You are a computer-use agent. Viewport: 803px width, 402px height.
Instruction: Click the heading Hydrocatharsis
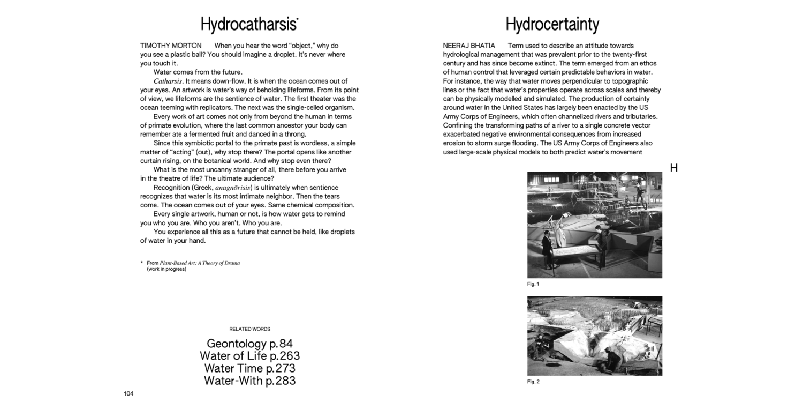point(249,25)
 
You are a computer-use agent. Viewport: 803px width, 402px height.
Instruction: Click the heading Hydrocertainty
point(552,25)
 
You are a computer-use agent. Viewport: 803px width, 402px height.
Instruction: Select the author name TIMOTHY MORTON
point(171,46)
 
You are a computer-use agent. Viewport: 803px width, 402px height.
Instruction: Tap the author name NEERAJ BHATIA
point(469,46)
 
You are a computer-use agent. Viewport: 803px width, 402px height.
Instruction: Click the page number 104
point(128,393)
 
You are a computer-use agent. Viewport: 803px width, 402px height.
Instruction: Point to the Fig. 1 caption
point(533,284)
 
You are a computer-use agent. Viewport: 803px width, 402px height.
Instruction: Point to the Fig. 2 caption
point(533,382)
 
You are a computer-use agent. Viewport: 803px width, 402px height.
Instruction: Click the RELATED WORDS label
point(249,329)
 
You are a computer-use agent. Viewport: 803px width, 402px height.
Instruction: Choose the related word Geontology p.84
point(249,344)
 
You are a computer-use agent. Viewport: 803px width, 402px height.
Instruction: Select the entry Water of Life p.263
point(249,356)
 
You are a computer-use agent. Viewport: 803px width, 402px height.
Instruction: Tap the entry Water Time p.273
point(249,368)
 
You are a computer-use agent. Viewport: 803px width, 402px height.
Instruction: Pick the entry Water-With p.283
point(249,381)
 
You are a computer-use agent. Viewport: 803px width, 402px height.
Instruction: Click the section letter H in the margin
point(674,168)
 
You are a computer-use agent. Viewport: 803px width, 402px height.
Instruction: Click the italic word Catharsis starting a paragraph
point(168,81)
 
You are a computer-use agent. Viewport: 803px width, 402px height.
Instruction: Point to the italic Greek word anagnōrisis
point(233,188)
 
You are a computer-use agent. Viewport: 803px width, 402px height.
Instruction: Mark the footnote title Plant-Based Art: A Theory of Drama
point(200,263)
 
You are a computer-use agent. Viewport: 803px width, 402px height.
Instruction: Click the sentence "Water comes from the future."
point(198,72)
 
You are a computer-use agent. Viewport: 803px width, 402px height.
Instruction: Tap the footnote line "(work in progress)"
point(166,269)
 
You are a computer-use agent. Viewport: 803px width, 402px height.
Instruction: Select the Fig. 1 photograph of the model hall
point(594,225)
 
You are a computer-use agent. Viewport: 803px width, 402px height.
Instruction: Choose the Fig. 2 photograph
point(594,336)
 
